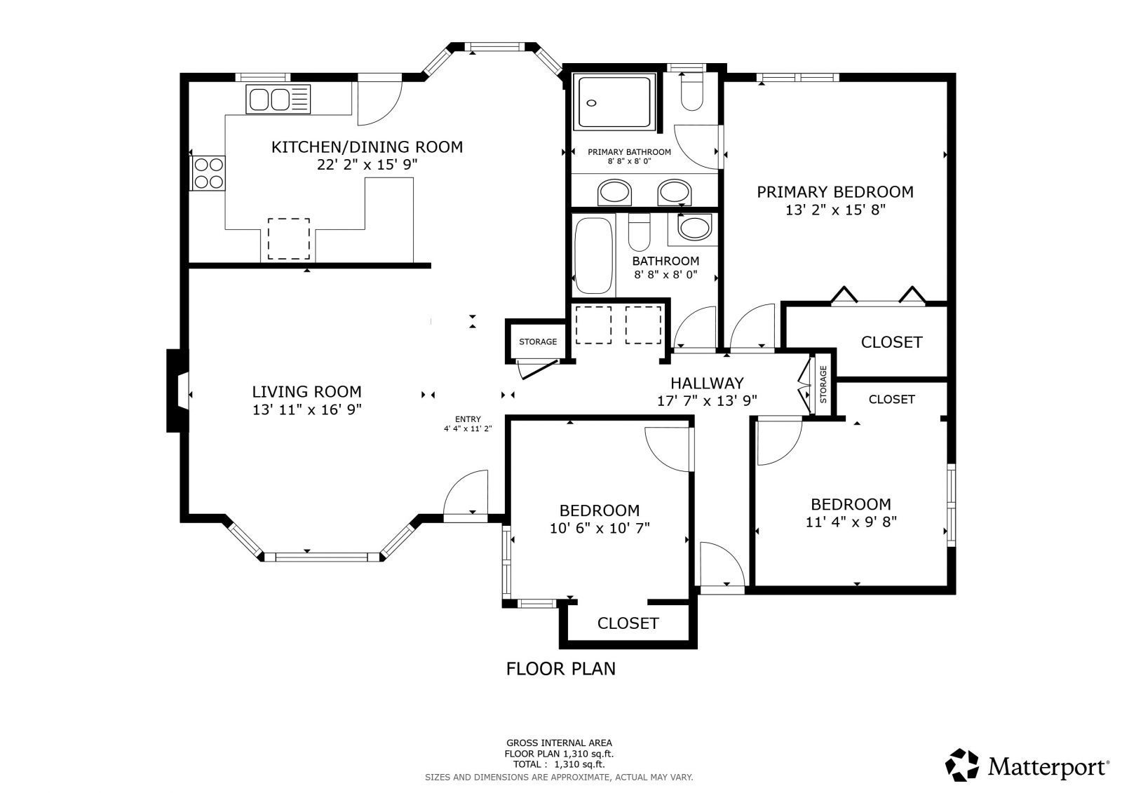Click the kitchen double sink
[278, 99]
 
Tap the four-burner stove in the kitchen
[208, 173]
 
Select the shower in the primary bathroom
[614, 102]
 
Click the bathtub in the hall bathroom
[593, 255]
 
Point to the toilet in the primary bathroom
[692, 92]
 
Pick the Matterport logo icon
[961, 765]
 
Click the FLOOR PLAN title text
[560, 669]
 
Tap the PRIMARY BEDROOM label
[835, 192]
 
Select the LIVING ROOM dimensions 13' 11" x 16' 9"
[306, 409]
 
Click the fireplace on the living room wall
[178, 391]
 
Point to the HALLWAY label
[707, 384]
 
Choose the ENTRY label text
[468, 419]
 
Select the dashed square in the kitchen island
[288, 239]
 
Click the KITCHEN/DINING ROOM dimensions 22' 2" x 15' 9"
[367, 165]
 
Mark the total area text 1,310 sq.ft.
[579, 764]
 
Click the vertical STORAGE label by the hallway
[823, 384]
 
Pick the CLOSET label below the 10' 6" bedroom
[628, 623]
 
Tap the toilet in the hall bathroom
[639, 232]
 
